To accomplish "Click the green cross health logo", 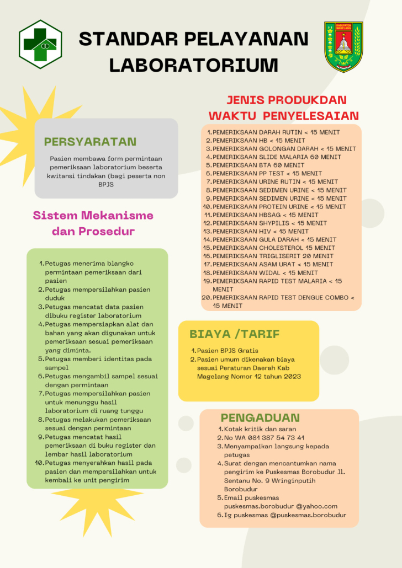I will pos(41,44).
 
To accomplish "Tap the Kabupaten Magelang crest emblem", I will pos(343,47).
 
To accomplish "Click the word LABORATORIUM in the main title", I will pos(193,65).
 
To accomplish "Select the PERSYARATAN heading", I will pos(90,142).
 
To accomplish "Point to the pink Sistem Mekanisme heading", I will pos(93,215).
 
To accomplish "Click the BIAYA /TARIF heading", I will pos(235,334).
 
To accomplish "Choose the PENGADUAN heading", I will pos(260,417).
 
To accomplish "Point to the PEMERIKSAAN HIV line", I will pos(260,232).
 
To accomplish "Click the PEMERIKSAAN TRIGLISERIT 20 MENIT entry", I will pos(273,256).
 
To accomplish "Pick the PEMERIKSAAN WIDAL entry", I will pos(265,273).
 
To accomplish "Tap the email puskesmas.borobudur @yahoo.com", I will pos(281,506).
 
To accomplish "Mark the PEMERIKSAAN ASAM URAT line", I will pos(273,265).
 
